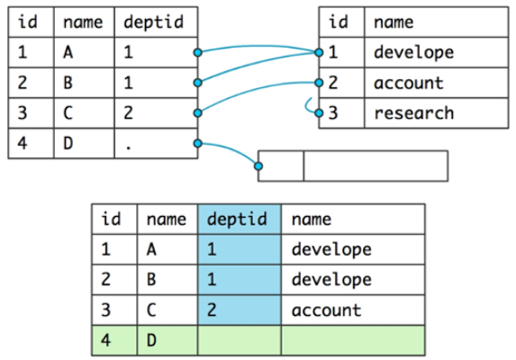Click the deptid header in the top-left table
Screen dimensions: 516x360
tap(156, 22)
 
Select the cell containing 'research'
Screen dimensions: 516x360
tap(437, 112)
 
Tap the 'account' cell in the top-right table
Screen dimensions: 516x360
tap(437, 83)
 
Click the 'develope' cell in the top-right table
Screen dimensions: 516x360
tap(437, 52)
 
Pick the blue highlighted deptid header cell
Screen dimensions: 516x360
tap(240, 220)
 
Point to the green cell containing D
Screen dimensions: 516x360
tap(167, 340)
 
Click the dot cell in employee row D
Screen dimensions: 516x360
tap(156, 143)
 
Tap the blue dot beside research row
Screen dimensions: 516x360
tap(319, 113)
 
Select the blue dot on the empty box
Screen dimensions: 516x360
tap(258, 166)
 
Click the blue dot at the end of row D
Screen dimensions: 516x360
tap(198, 143)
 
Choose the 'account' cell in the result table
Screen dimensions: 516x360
tap(353, 310)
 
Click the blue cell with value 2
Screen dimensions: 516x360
tap(240, 310)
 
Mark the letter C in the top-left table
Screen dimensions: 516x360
tap(68, 112)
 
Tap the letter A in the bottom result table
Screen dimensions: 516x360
tap(151, 249)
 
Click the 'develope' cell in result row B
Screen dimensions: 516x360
tap(353, 280)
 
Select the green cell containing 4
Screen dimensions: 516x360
tap(114, 340)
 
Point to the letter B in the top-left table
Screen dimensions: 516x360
tap(68, 83)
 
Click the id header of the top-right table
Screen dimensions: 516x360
tap(342, 22)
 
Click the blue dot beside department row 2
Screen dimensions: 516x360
tap(319, 83)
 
